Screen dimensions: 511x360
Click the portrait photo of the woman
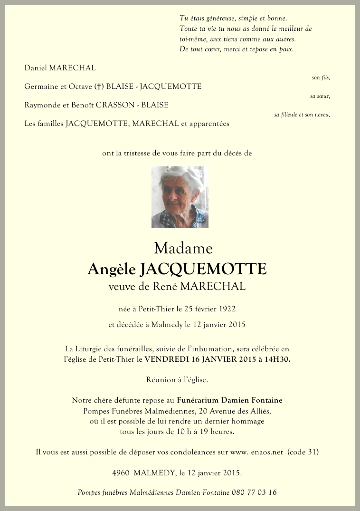pos(180,197)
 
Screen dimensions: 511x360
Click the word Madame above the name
pos(183,248)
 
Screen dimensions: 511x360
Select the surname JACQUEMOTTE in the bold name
pos(203,269)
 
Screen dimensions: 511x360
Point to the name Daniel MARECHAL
pos(60,68)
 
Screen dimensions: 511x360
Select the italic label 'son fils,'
pos(321,77)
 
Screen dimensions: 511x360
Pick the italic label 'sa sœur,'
pos(320,96)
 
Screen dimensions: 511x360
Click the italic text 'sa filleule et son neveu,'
pos(302,115)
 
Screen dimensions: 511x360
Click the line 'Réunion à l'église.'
pos(177,379)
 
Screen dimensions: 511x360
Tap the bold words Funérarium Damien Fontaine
pos(229,400)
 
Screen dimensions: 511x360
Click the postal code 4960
pos(121,473)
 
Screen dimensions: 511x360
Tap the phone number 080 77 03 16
pos(254,492)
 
